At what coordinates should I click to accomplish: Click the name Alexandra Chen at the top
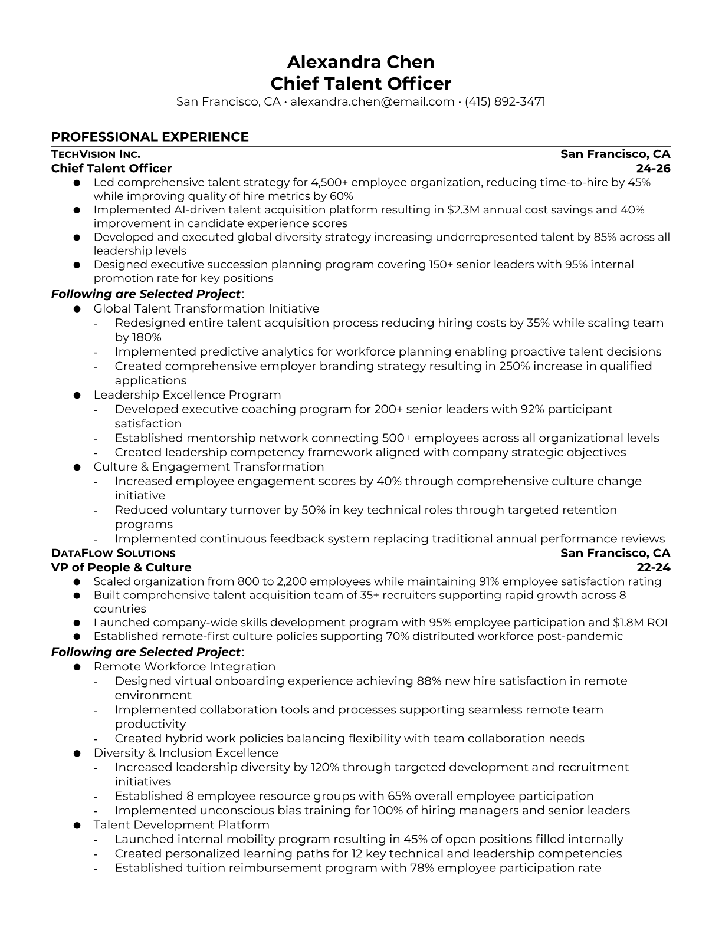click(360, 62)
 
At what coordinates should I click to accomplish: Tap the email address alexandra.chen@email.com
click(372, 101)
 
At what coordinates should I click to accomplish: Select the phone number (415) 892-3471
click(505, 101)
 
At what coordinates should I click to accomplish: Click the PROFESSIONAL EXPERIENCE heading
click(150, 137)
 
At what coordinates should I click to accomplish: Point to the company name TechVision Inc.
click(96, 154)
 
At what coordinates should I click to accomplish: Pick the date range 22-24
click(654, 567)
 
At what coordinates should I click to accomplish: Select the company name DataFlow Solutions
click(113, 553)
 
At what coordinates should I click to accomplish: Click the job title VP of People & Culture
click(121, 567)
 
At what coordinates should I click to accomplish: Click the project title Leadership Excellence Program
click(187, 395)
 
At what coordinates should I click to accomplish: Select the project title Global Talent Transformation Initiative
click(206, 308)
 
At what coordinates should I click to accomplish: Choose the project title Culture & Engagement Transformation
click(208, 467)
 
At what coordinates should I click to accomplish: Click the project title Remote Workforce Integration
click(184, 666)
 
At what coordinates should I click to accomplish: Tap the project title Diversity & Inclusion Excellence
click(186, 753)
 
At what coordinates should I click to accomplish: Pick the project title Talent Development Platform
click(181, 825)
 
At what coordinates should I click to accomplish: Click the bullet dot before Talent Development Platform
click(77, 826)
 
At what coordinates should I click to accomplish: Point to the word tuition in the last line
click(205, 868)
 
